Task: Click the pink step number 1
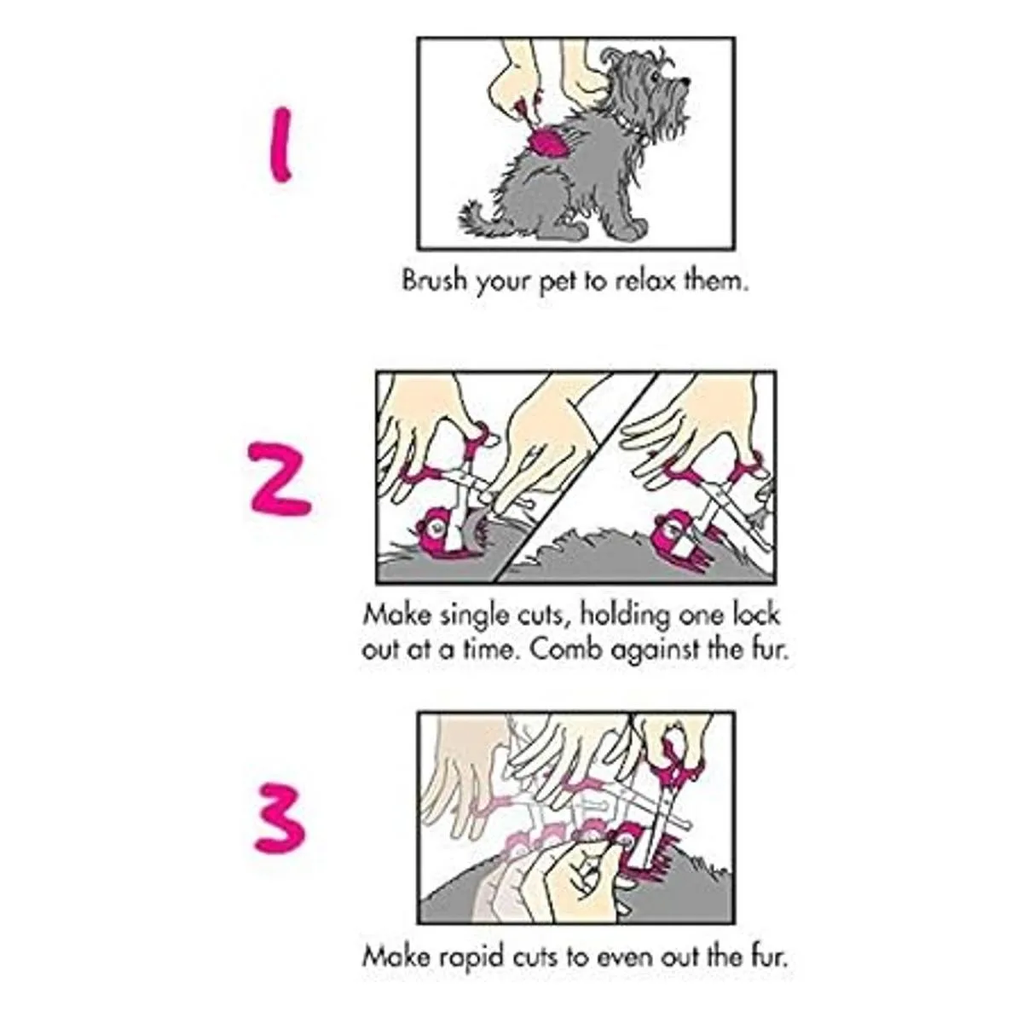(280, 144)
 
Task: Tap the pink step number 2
(280, 479)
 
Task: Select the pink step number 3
(280, 819)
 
